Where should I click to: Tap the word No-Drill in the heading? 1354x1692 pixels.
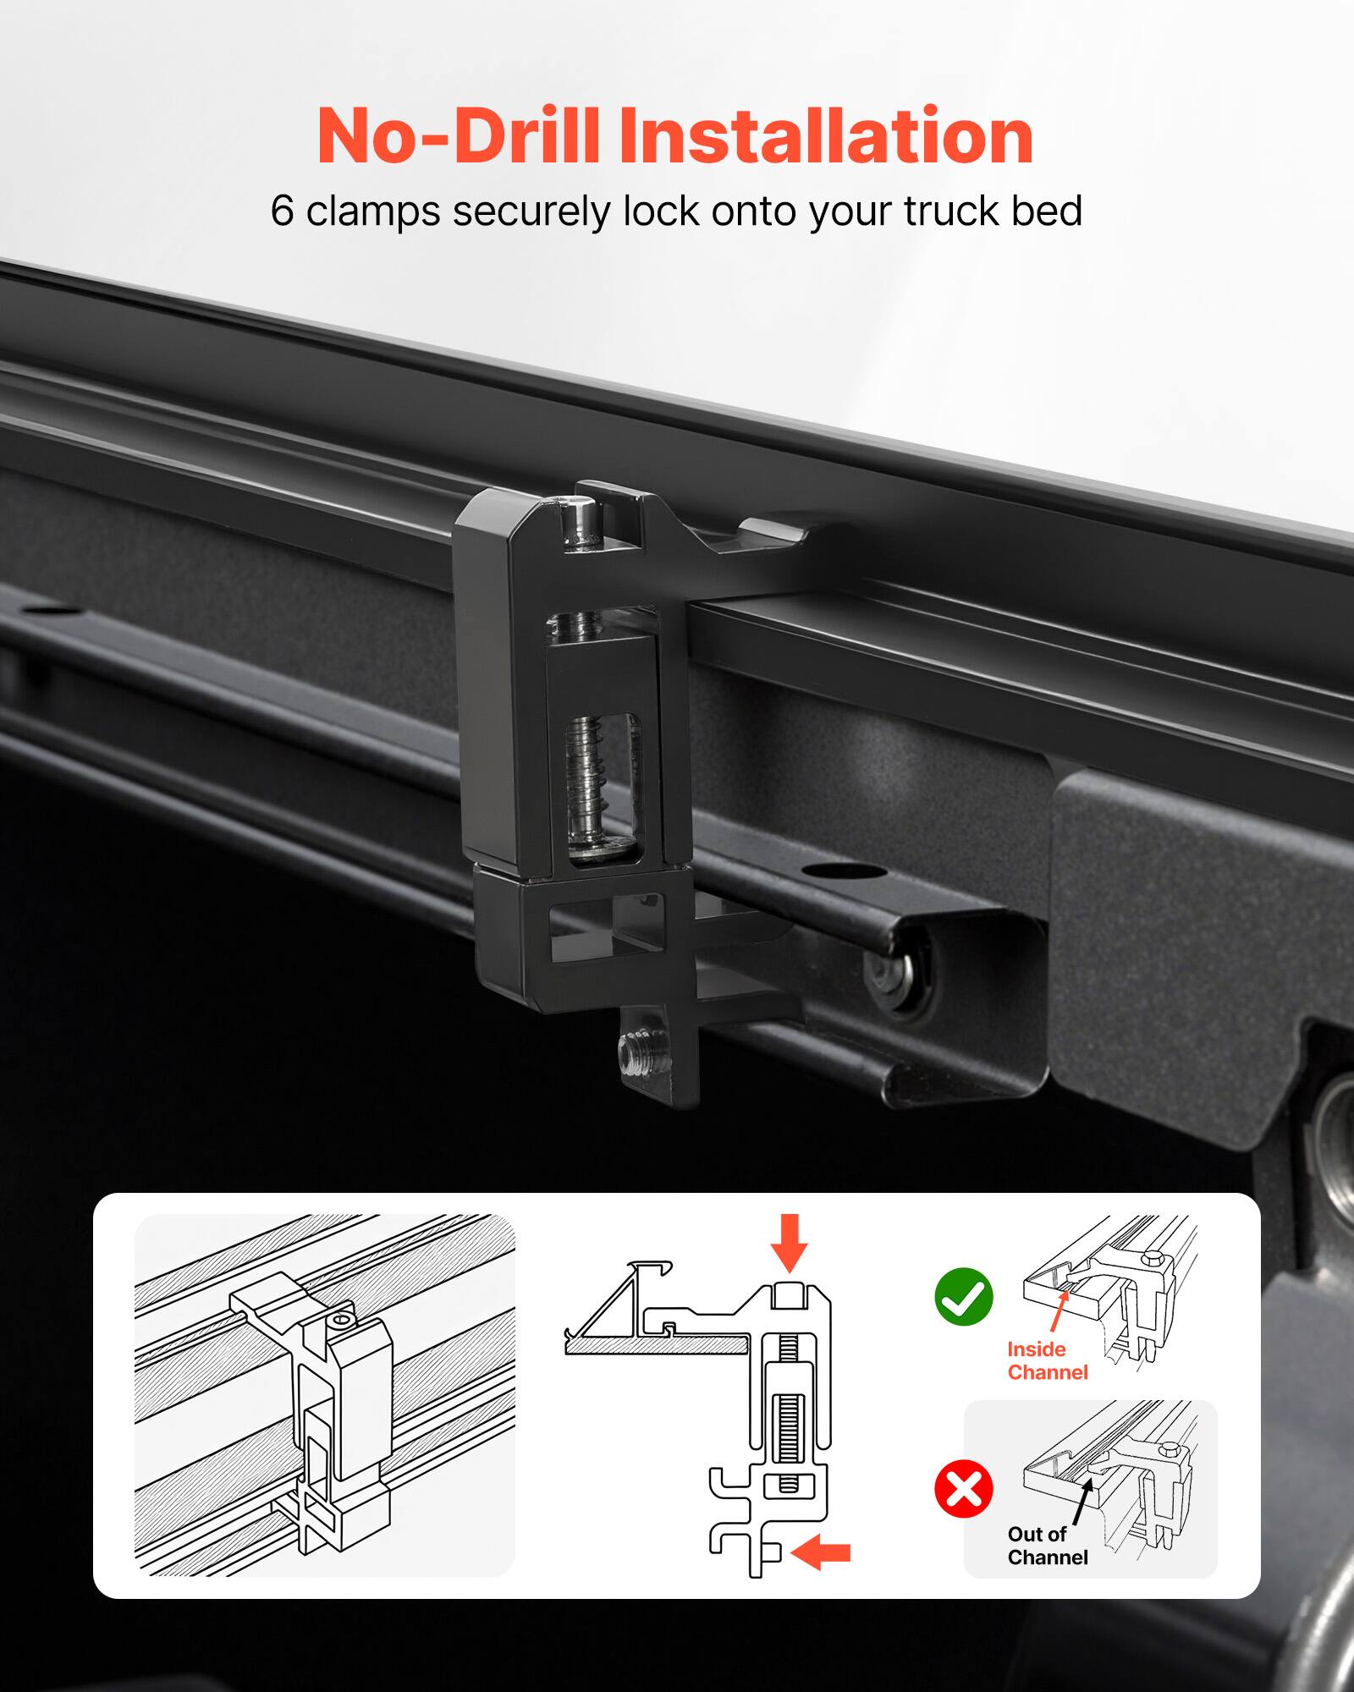pyautogui.click(x=457, y=137)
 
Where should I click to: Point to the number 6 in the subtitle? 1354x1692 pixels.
pyautogui.click(x=281, y=211)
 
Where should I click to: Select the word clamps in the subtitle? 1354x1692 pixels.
pyautogui.click(x=372, y=211)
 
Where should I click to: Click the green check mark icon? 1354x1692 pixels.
pyautogui.click(x=963, y=1297)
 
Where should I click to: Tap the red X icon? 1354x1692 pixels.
pyautogui.click(x=963, y=1489)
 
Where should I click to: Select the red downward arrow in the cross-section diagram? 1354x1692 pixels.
pyautogui.click(x=789, y=1242)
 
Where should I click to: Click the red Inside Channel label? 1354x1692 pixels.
pyautogui.click(x=1046, y=1360)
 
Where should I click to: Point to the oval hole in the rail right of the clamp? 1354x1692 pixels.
pyautogui.click(x=828, y=871)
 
